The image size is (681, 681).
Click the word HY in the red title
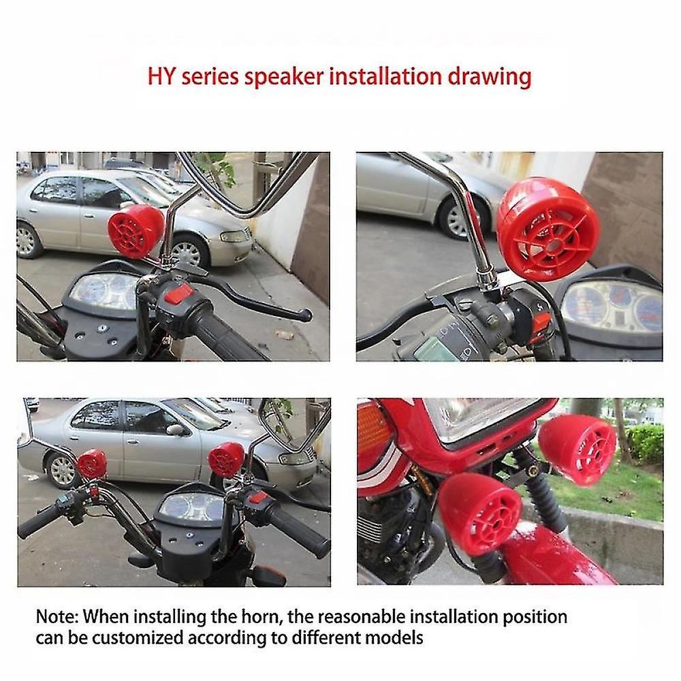pos(161,76)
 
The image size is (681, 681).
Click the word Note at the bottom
pos(57,617)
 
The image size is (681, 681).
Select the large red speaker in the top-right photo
pos(548,228)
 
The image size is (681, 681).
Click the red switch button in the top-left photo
pos(178,294)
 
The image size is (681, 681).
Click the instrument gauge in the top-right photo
pos(612,306)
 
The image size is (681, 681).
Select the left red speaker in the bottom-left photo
pos(92,464)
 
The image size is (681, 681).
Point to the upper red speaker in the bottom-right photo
pos(577,450)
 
